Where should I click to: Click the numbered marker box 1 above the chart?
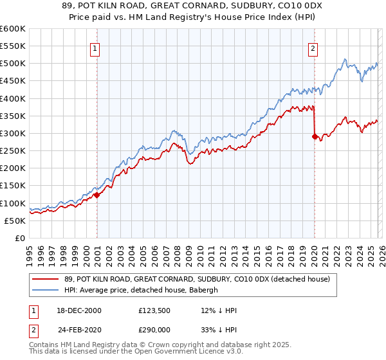[x=95, y=48]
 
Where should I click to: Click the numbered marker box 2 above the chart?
[x=313, y=48]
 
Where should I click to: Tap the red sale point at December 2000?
[x=96, y=195]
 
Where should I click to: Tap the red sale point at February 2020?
[x=315, y=136]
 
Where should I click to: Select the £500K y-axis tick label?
[x=13, y=64]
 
